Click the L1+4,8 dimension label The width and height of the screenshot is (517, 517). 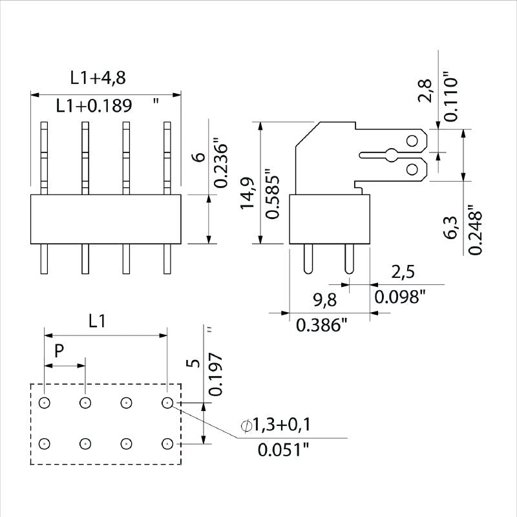coord(98,79)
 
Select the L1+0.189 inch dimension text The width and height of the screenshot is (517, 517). coord(94,106)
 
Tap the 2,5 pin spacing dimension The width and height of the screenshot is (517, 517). coord(403,272)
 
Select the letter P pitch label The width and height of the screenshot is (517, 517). coord(59,352)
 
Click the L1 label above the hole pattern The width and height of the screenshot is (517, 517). coord(97,321)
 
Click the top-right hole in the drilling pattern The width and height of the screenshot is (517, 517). coord(167,403)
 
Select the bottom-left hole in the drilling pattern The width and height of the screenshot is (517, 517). coord(44,443)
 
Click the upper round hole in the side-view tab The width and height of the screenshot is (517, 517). coord(412,140)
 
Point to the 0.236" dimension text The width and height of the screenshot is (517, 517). coord(220,162)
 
